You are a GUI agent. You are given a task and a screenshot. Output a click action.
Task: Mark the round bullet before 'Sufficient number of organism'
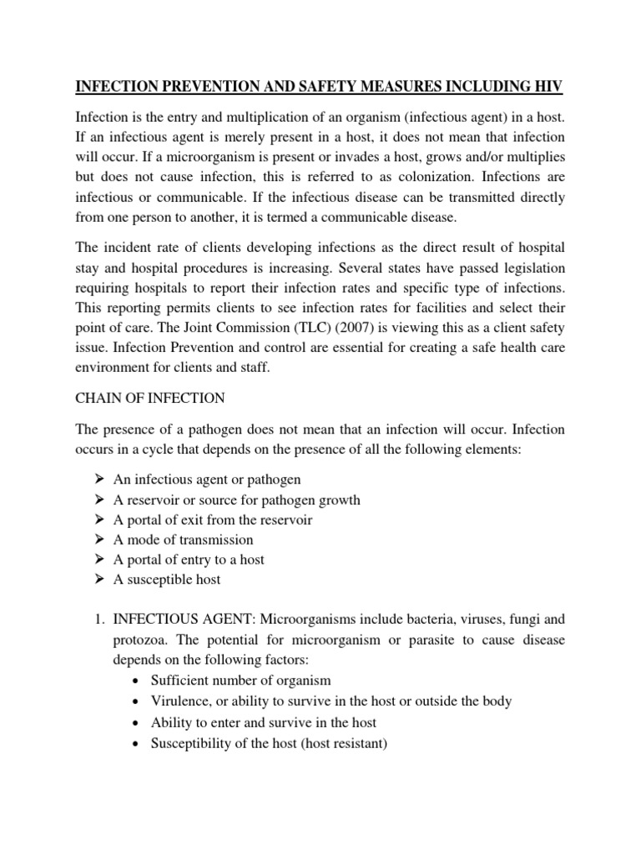[137, 681]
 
